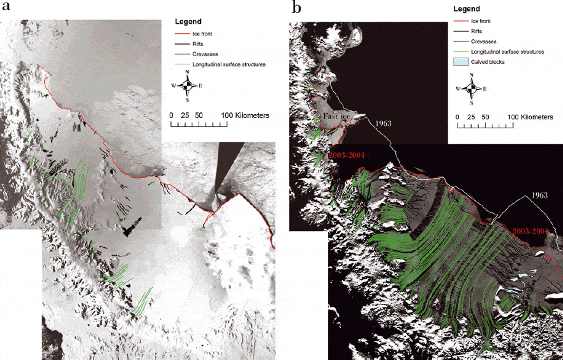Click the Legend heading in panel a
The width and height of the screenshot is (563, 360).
189,21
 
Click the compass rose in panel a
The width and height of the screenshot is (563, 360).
187,85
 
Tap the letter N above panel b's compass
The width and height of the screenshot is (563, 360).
472,75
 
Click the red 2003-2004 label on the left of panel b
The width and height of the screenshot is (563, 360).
346,155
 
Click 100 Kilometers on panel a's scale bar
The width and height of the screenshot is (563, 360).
245,115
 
